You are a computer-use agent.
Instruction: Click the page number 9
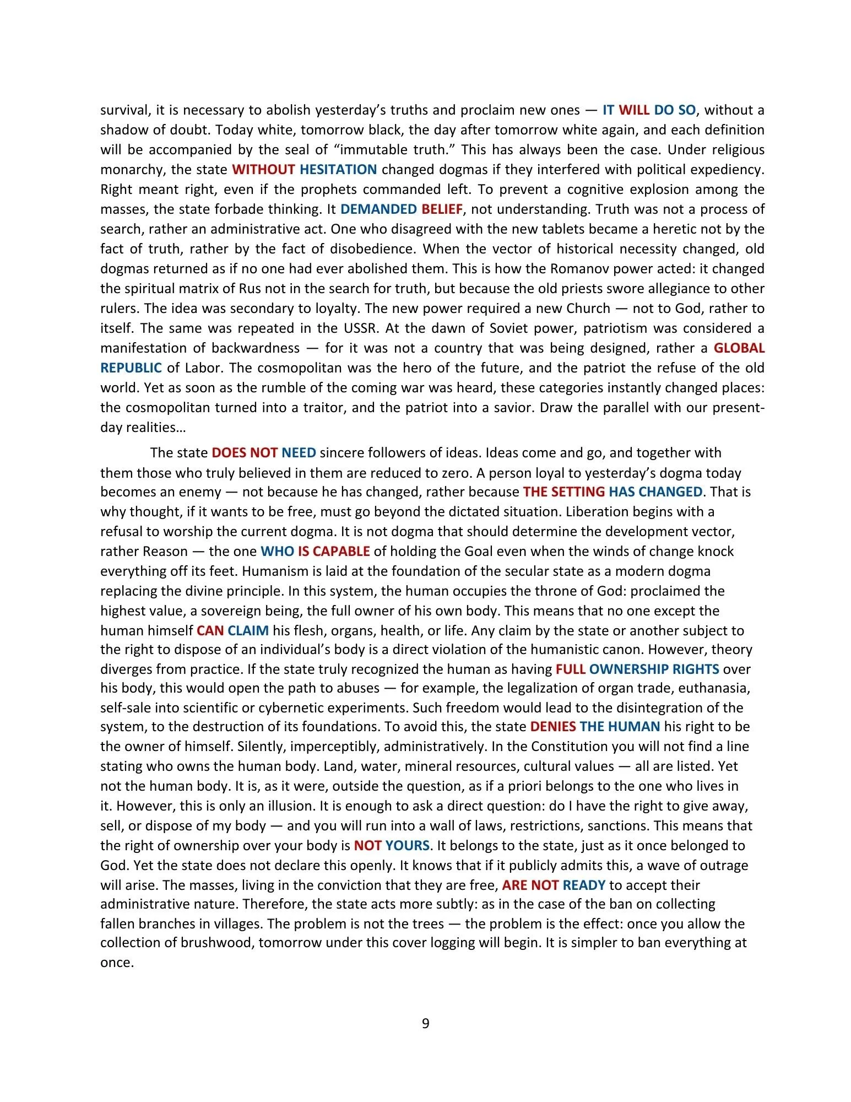coord(425,1023)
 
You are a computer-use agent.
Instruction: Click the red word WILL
coord(634,110)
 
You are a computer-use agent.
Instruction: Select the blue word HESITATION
coord(338,169)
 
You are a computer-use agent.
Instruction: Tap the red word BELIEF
coord(442,209)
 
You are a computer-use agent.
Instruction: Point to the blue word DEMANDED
coord(378,209)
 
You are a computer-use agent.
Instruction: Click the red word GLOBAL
coord(739,348)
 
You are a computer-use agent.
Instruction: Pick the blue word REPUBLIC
coord(131,368)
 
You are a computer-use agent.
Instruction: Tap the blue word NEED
coord(299,452)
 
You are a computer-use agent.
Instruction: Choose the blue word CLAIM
coord(248,630)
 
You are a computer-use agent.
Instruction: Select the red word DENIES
coord(552,726)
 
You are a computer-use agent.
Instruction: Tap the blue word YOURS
coord(408,845)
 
